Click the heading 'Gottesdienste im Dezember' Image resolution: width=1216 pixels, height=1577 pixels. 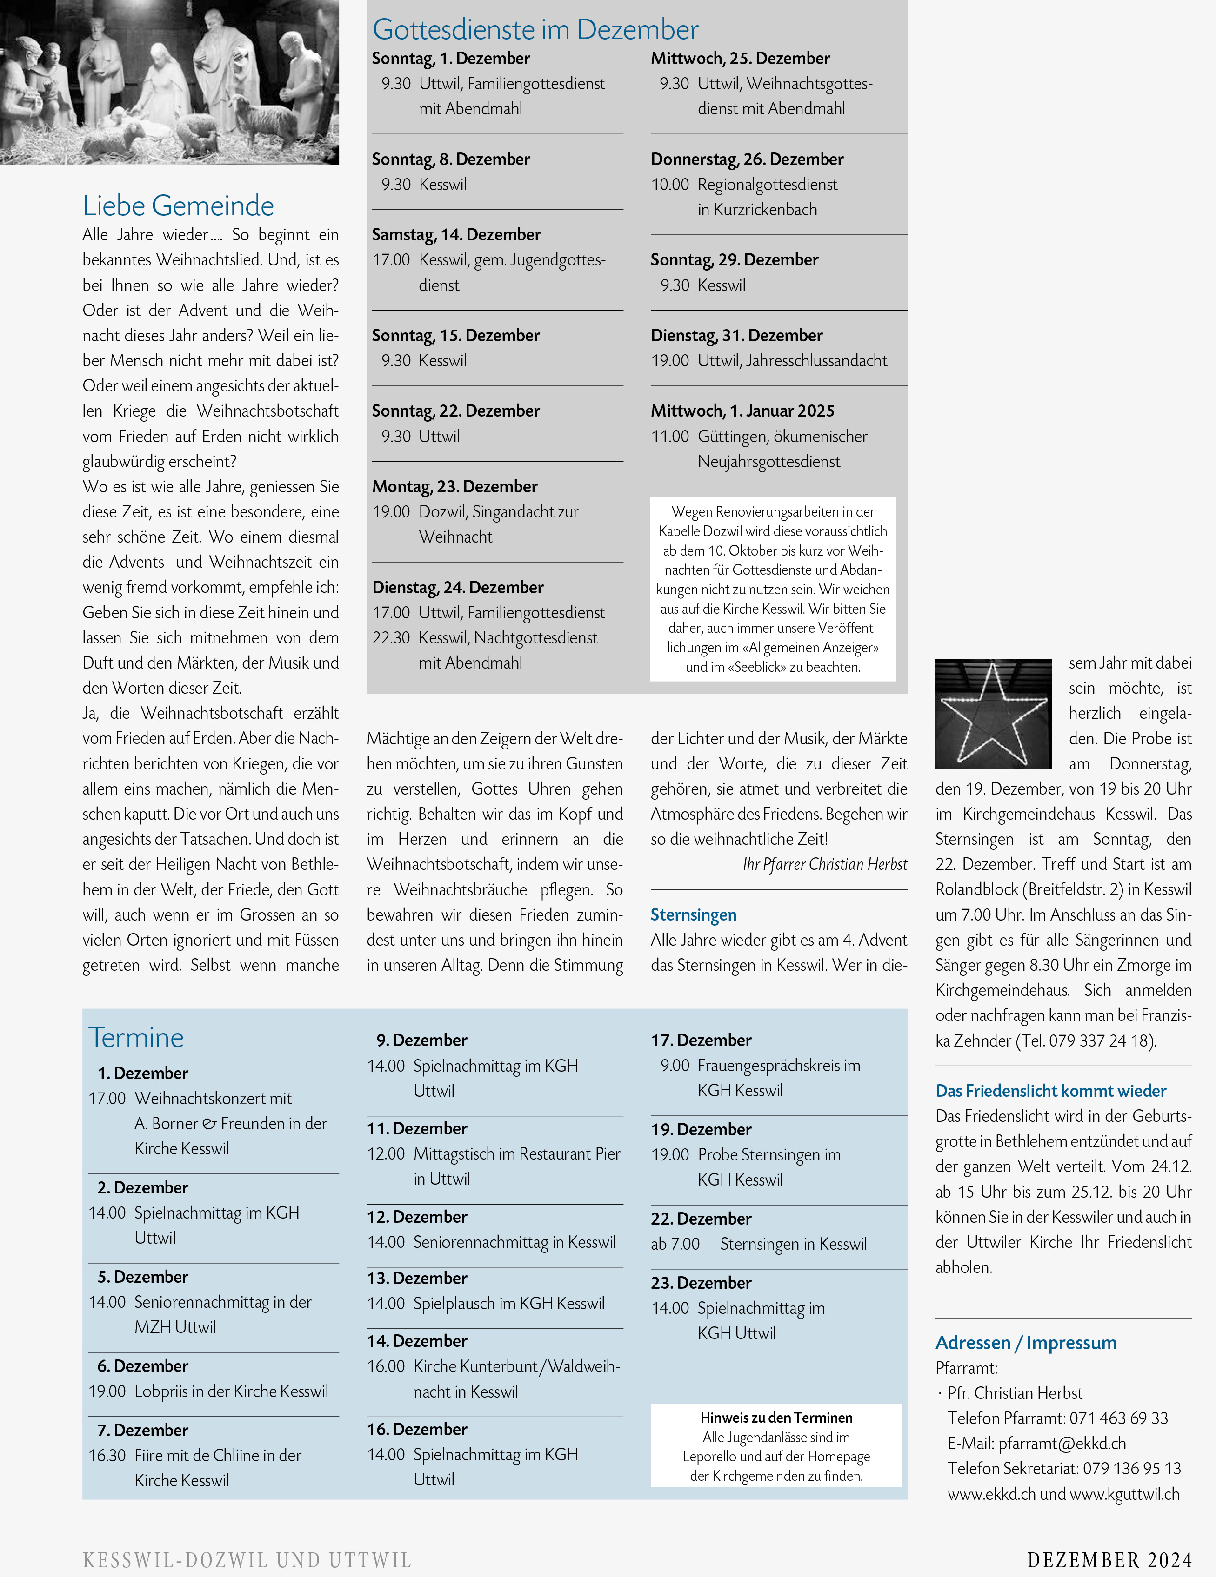(x=535, y=30)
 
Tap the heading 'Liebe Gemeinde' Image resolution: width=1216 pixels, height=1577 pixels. (x=179, y=206)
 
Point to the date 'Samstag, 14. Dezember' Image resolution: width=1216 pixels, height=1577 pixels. (x=456, y=235)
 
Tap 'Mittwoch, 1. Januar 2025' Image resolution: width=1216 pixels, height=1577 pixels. (x=742, y=411)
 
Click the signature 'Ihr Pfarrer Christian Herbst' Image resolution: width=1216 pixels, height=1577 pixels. (x=824, y=864)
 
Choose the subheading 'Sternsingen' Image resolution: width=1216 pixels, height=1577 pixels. (x=693, y=915)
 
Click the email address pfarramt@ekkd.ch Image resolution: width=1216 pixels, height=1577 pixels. (x=1062, y=1444)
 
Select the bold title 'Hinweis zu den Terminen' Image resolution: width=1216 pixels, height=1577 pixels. (x=776, y=1418)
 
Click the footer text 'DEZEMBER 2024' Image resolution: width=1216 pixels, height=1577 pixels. (x=1109, y=1560)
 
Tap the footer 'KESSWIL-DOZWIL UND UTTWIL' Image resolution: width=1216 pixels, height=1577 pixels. (x=247, y=1560)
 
